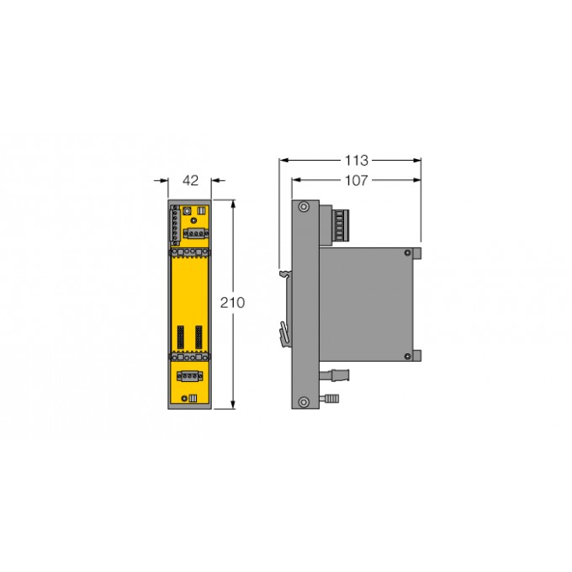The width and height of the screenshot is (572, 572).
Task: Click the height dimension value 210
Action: click(x=233, y=303)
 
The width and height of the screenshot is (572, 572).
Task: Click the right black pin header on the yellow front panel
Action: click(x=199, y=337)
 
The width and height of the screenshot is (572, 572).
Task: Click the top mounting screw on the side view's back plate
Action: click(x=304, y=209)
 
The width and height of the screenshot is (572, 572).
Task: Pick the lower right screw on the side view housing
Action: click(x=408, y=356)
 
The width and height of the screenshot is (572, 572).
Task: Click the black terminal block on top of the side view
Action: click(x=342, y=224)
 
